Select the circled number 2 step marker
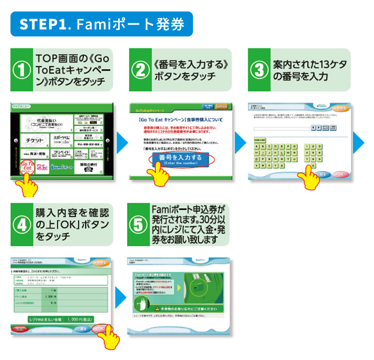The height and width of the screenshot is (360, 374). coord(141,70)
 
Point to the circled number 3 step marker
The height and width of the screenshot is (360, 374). coord(259,70)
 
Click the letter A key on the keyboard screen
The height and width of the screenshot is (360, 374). coord(257,146)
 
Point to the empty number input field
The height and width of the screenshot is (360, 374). coord(281,128)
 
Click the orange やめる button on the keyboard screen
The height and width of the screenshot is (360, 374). coord(340,108)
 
